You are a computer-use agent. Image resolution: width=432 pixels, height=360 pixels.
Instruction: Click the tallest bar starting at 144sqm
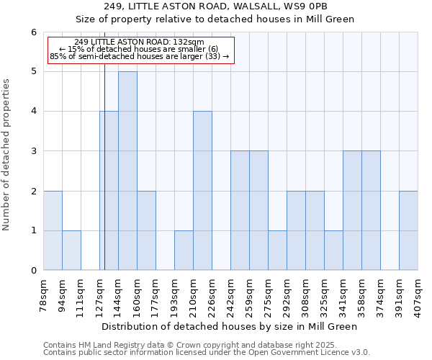[x=127, y=171]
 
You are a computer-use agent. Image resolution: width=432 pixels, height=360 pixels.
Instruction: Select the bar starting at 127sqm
[x=109, y=191]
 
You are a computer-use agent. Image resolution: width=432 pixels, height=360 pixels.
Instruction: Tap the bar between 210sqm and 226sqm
[x=202, y=191]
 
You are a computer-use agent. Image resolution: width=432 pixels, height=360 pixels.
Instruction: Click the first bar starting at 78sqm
[x=53, y=230]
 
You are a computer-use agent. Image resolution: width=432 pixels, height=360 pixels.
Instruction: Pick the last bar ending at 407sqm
[x=408, y=230]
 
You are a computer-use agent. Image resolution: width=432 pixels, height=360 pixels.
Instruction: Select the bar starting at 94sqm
[x=71, y=251]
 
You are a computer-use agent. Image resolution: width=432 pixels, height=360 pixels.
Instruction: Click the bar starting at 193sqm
[x=184, y=251]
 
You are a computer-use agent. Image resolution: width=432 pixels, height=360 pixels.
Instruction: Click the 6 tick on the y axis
[x=33, y=32]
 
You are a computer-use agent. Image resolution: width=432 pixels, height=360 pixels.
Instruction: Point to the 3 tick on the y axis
[x=33, y=151]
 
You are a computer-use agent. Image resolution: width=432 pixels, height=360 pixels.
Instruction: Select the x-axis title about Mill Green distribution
[x=230, y=326]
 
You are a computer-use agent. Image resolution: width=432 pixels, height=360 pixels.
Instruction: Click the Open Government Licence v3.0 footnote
[x=206, y=353]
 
